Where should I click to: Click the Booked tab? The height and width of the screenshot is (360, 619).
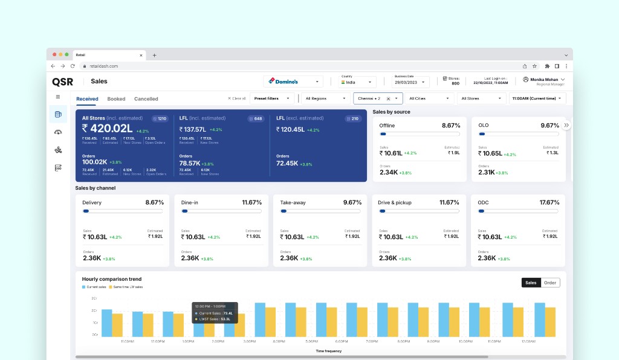coord(116,98)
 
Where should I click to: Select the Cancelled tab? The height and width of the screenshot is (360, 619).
coord(146,98)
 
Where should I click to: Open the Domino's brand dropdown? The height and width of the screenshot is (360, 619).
coord(294,81)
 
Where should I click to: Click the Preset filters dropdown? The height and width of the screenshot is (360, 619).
coord(271,98)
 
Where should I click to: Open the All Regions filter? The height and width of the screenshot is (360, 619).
coord(325,98)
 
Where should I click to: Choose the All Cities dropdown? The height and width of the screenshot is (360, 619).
coord(430,98)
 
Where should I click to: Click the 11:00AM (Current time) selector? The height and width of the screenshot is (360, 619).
coord(537,98)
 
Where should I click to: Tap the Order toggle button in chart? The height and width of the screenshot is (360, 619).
coord(550,283)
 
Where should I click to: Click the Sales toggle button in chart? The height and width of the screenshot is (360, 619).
coord(531,283)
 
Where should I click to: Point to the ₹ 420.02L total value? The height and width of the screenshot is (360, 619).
coord(108,128)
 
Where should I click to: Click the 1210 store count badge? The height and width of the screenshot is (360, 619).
coord(160,118)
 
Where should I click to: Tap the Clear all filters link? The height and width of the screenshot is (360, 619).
coord(237,98)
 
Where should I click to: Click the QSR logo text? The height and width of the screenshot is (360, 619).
coord(62,81)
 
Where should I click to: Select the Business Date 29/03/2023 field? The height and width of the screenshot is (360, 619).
coord(411,82)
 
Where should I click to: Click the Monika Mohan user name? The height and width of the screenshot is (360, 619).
coord(544,79)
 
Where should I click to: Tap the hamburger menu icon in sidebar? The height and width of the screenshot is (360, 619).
coord(58,97)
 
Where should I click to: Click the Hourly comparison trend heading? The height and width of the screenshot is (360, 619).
coord(112,279)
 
